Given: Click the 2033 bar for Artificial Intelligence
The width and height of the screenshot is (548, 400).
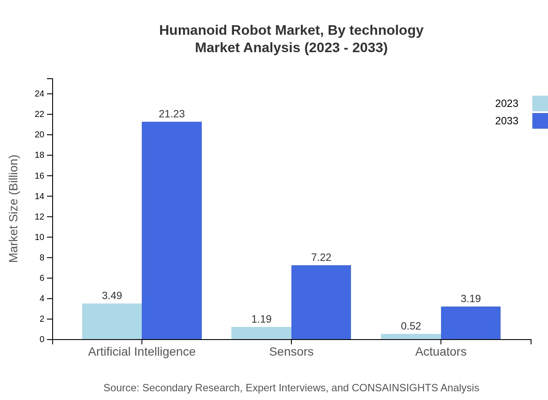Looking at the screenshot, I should (172, 230).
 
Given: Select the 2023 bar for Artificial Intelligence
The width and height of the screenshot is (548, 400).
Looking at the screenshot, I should (112, 321).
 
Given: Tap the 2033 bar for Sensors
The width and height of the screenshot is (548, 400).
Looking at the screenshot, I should (321, 302).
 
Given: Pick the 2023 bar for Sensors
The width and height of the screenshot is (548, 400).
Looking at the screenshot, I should (261, 333).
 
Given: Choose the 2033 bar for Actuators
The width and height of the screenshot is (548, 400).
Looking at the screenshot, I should (471, 323).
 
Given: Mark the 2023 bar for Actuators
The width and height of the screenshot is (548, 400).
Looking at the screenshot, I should (411, 337).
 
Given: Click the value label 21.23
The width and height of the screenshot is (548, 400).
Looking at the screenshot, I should (172, 114).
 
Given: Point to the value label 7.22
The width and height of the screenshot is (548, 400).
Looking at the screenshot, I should (321, 257).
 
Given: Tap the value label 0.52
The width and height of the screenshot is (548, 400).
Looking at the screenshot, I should (411, 326).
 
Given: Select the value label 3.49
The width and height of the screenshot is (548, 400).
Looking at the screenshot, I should (112, 296).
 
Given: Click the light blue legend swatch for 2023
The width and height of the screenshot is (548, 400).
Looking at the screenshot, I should (540, 103).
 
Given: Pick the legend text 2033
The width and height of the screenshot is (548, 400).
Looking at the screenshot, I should (507, 121).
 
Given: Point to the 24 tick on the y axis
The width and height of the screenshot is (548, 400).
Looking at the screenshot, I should (40, 94).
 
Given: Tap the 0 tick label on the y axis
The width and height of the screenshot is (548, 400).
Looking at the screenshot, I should (42, 340).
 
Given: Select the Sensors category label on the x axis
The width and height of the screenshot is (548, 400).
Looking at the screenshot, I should (291, 352).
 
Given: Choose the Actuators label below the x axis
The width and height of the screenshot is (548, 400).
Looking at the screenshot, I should (441, 352).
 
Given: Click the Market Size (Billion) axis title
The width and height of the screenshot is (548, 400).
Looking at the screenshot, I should (14, 209).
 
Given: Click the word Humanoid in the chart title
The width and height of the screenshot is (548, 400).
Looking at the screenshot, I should (192, 30).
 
